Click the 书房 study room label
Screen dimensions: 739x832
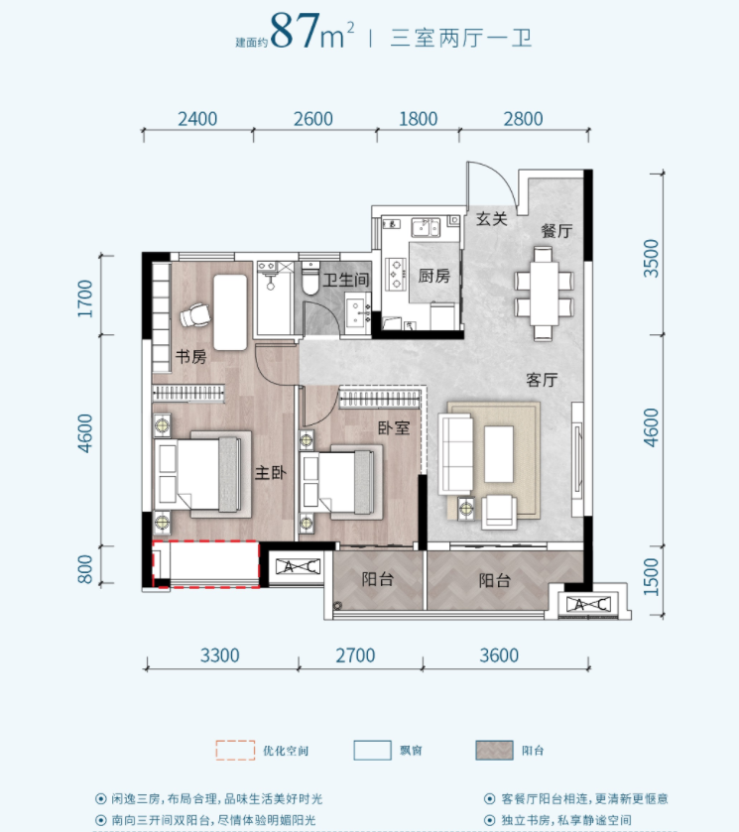click(x=191, y=357)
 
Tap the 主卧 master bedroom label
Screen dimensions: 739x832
click(x=270, y=473)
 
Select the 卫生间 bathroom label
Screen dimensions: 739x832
click(x=345, y=280)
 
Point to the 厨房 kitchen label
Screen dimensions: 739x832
click(x=434, y=276)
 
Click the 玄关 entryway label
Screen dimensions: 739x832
click(x=492, y=218)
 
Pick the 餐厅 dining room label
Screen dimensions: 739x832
click(x=556, y=231)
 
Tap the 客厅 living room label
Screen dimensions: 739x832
click(x=542, y=380)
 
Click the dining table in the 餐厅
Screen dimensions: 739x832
click(x=545, y=293)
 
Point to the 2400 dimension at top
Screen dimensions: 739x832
click(x=197, y=119)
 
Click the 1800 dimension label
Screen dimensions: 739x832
click(x=419, y=119)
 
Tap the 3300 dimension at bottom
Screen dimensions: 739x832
click(x=220, y=655)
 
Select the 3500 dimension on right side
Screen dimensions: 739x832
click(x=651, y=258)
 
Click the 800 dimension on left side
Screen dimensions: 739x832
click(x=85, y=569)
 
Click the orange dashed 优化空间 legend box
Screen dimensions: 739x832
click(x=235, y=751)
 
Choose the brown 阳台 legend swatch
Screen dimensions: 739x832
click(x=494, y=751)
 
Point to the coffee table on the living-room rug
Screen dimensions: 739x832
click(x=499, y=454)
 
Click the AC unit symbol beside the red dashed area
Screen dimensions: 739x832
click(x=299, y=566)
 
